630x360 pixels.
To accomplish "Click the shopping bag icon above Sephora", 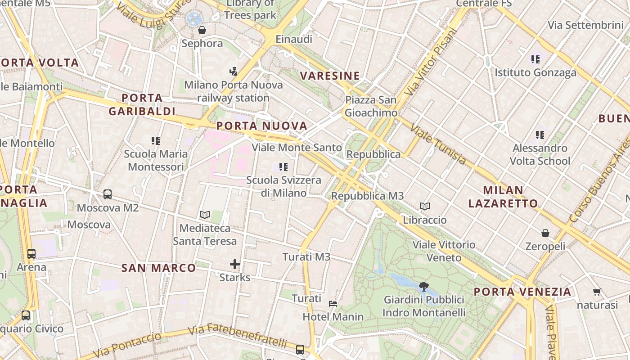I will pos(202,30).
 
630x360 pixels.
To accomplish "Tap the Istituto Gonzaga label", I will pos(535,72).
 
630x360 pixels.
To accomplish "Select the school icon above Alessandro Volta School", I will pos(540,135).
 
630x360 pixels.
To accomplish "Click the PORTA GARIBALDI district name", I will pos(142,104).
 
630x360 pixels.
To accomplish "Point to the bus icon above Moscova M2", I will pos(108,194).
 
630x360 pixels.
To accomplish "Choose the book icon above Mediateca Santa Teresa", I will pos(205,215).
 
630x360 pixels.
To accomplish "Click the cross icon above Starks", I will pos(235,264).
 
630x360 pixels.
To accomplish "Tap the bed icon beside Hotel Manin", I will pos(333,304).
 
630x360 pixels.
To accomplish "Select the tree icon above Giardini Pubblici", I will pos(423,286).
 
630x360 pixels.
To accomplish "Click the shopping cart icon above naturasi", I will pos(597,292).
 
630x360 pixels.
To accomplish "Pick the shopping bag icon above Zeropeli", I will pos(545,233).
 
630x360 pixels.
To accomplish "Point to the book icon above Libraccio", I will pos(425,207).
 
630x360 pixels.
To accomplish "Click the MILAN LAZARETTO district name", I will pos(503,197).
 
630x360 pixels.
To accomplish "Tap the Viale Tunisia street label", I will pos(438,144).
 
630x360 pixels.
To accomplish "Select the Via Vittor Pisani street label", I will pos(431,62).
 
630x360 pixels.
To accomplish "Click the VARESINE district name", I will pos(330,76).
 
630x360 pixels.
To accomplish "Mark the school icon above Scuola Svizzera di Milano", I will pos(283,167).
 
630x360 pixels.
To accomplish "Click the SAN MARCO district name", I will pos(159,268).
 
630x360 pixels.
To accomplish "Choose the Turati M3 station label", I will pos(306,257).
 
